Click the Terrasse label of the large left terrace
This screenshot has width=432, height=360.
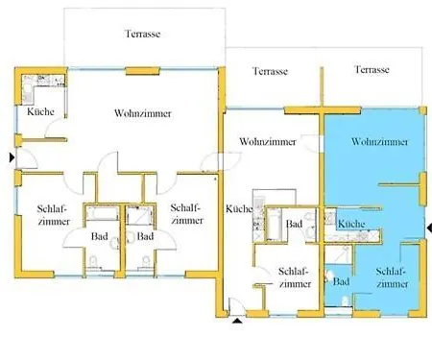[142, 34]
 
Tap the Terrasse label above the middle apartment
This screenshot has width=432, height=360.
[271, 71]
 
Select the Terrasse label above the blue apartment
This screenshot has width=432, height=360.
[371, 70]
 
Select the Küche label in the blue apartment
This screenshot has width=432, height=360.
[353, 224]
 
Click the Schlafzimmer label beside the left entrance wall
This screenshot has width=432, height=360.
[52, 215]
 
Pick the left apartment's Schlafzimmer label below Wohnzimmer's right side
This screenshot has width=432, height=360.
[185, 215]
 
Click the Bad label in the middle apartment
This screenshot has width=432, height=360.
[295, 225]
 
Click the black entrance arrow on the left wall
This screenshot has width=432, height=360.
[11, 156]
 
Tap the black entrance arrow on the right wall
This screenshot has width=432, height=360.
[427, 228]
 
